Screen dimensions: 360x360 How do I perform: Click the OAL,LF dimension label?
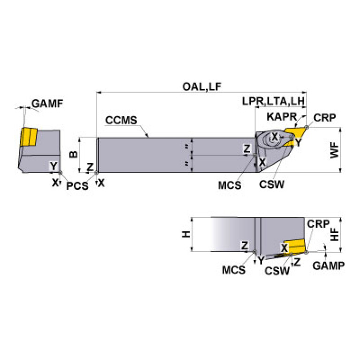pyautogui.click(x=202, y=87)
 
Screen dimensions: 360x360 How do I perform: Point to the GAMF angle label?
pyautogui.click(x=47, y=104)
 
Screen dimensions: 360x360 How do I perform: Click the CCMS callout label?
pyautogui.click(x=121, y=120)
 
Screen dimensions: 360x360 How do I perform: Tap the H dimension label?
pyautogui.click(x=186, y=234)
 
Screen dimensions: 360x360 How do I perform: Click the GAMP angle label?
pyautogui.click(x=329, y=265)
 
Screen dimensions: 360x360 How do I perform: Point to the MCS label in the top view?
pyautogui.click(x=229, y=185)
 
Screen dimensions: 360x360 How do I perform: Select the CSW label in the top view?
pyautogui.click(x=271, y=185)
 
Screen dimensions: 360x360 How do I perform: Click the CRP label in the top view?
pyautogui.click(x=325, y=118)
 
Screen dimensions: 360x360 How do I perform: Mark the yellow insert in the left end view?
pyautogui.click(x=28, y=137)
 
